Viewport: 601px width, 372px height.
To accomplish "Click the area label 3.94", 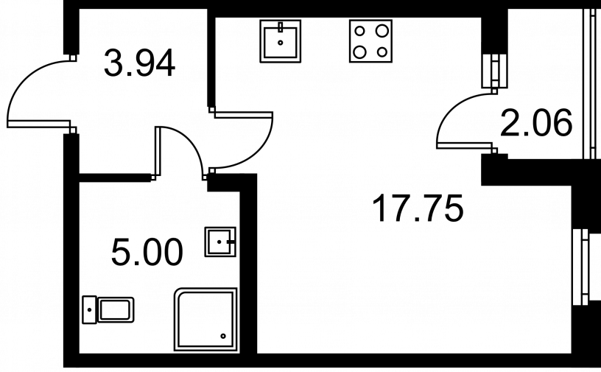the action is tap(139, 63).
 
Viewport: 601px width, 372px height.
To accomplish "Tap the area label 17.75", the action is tap(418, 208).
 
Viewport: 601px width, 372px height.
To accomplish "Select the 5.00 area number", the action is tap(147, 252).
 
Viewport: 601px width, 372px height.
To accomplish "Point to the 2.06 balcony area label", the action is tap(536, 123).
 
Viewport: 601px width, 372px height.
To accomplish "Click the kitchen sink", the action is tap(280, 41).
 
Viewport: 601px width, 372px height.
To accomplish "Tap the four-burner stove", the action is tap(370, 41).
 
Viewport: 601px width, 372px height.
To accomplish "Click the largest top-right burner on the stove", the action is tap(382, 31).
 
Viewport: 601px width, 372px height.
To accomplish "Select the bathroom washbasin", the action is tap(220, 242).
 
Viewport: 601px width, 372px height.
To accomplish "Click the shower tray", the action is tap(205, 319).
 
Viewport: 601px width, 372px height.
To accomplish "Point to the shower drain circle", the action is tap(223, 337).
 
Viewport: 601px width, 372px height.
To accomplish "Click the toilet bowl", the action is tap(116, 310).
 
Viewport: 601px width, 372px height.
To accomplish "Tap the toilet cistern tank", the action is tap(90, 309).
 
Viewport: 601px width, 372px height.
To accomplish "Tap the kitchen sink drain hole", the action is tap(280, 43).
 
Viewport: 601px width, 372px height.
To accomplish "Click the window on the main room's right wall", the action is tap(585, 267).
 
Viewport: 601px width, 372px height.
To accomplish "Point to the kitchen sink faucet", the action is tap(280, 27).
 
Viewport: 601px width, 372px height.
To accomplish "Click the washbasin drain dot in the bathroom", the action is tap(219, 242).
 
